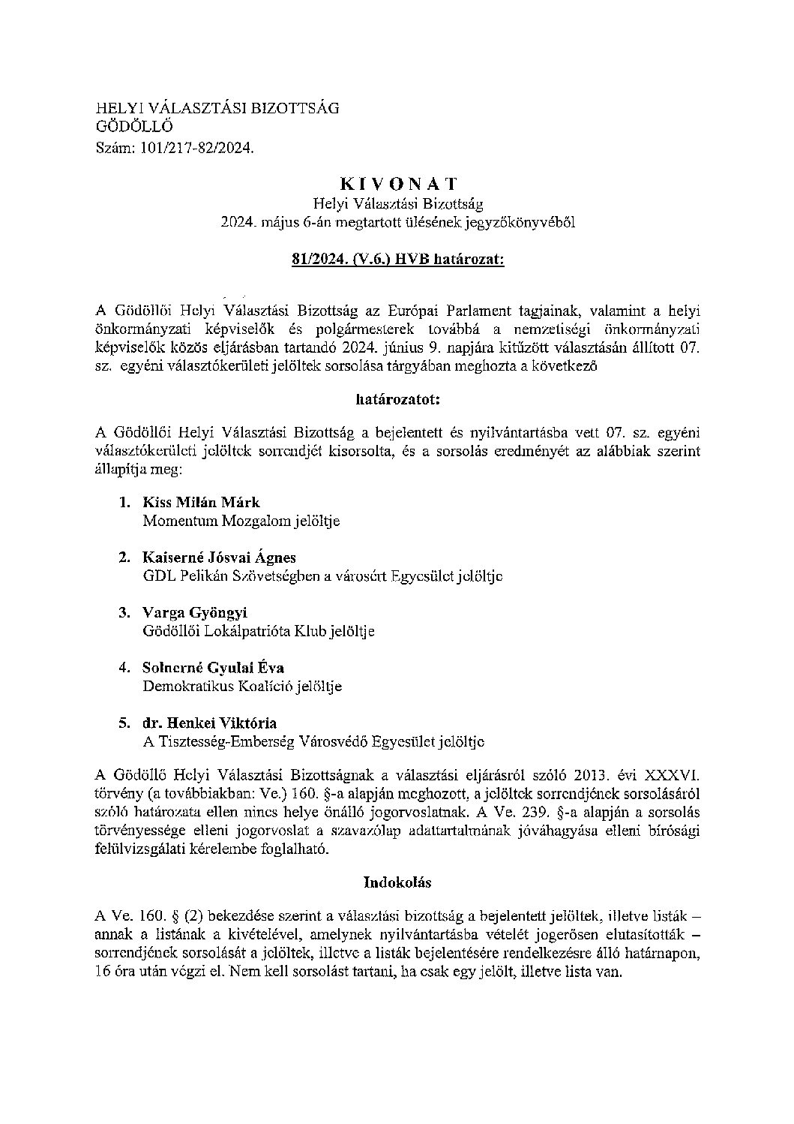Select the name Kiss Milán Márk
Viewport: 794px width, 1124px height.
[201, 502]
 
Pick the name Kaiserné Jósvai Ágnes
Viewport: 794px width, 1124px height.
[219, 557]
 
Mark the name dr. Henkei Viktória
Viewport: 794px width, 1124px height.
[209, 723]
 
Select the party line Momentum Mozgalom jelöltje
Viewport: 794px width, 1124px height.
[241, 521]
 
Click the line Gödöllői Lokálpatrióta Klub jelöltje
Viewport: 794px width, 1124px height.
[258, 631]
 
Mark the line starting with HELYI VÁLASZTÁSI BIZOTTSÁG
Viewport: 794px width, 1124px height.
[217, 108]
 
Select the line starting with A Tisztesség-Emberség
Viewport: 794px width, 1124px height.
[313, 742]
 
